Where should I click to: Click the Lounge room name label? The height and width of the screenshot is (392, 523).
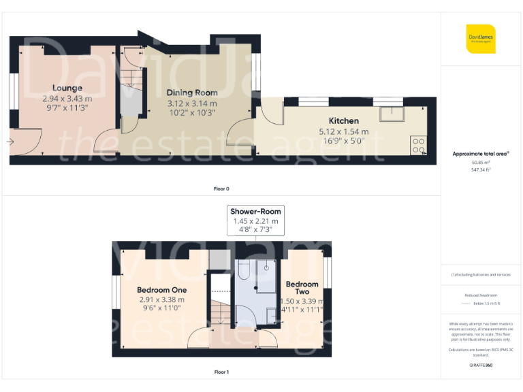[67, 88]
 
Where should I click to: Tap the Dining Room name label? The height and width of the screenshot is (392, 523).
[192, 93]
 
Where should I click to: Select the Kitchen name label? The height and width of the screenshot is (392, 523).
[343, 121]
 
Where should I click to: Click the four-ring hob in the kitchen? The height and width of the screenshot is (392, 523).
[419, 145]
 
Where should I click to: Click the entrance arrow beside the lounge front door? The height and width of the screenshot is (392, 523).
[10, 142]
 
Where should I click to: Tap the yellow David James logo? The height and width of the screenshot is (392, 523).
[481, 39]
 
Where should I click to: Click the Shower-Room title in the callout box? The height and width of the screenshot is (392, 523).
[255, 211]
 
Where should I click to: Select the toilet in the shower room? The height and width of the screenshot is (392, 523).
[244, 272]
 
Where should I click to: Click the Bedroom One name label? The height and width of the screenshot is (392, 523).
[161, 289]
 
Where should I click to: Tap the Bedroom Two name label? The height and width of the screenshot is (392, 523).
[302, 287]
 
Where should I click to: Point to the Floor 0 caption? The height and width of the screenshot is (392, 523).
[221, 189]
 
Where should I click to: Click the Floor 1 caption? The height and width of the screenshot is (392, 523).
[221, 372]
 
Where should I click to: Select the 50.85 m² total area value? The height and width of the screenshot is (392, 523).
[481, 163]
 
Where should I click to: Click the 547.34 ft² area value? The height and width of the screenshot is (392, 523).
[481, 170]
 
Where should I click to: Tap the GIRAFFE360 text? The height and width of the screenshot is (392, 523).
[481, 365]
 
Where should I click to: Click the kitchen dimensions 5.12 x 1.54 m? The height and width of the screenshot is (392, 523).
[343, 131]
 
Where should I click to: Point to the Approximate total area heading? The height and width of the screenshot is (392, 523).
[481, 154]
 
